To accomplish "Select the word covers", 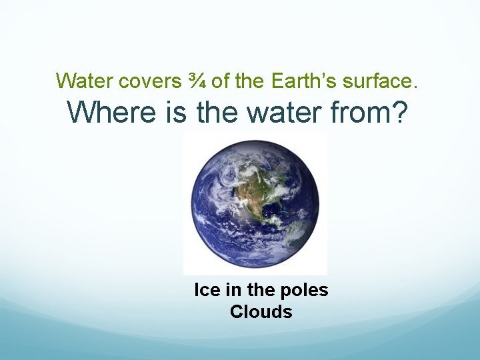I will (x=148, y=81).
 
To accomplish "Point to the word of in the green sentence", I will (x=221, y=81).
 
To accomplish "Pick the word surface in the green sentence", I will (x=380, y=81).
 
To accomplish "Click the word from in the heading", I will (x=363, y=113).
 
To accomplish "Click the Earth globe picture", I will (x=255, y=203).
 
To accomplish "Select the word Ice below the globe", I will (x=206, y=291).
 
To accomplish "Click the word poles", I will (x=306, y=291).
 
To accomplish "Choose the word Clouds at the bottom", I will (x=261, y=312).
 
